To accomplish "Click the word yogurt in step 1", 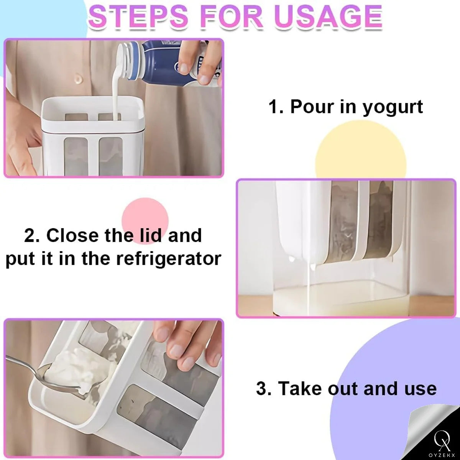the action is click(393, 107).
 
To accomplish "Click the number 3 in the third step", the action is click(263, 389).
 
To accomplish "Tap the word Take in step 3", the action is click(301, 388).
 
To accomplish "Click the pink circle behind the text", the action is click(145, 221).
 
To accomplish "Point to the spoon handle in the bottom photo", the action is click(21, 363).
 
